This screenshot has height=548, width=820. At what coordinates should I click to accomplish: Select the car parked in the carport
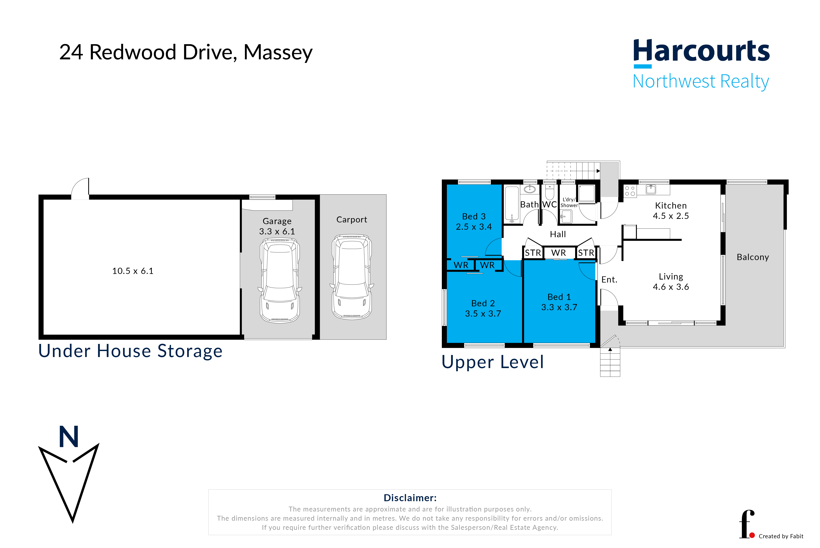click(x=352, y=277)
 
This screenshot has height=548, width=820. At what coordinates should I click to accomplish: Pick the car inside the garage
click(x=280, y=280)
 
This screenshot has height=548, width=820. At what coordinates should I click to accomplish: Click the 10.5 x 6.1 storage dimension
click(x=133, y=271)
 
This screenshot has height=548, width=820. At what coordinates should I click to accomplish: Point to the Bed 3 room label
click(x=474, y=216)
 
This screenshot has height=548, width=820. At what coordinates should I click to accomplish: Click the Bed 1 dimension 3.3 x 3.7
click(x=559, y=307)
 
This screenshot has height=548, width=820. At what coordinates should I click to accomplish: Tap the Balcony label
click(x=753, y=257)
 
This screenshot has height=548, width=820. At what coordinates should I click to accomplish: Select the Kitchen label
click(x=671, y=206)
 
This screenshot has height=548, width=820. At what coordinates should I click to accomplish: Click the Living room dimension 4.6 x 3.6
click(x=671, y=287)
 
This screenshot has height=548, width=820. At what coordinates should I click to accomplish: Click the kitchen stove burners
click(x=630, y=191)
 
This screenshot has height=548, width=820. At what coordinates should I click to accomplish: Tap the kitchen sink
click(x=651, y=189)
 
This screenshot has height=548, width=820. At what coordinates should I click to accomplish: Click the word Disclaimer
click(x=410, y=498)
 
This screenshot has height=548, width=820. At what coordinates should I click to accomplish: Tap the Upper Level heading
click(x=493, y=362)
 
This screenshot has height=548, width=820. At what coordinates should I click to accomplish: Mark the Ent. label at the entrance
click(x=609, y=280)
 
